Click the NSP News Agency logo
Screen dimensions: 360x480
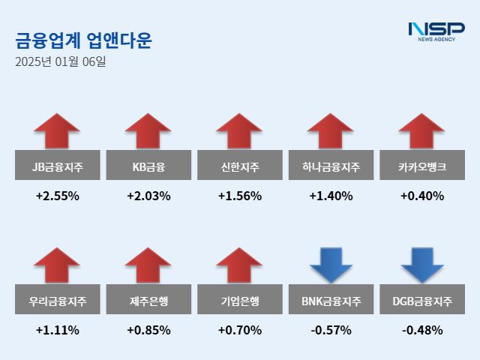[x=436, y=31]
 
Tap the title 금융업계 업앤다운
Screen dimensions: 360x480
[x=83, y=40]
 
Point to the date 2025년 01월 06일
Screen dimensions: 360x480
[x=61, y=61]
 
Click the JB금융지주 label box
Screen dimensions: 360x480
[x=57, y=166]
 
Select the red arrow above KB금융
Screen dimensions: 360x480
[x=148, y=132]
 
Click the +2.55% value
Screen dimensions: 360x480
[x=57, y=196]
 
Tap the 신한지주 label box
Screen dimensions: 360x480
[x=240, y=166]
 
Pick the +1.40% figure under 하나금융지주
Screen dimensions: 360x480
[x=331, y=196]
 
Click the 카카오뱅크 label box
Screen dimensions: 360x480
[x=422, y=166]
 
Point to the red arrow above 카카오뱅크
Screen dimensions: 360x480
[x=422, y=132]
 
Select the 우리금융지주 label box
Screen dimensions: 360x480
[x=57, y=302]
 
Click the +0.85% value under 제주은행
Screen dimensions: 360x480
[x=148, y=330]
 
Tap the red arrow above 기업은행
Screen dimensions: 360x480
[x=240, y=266]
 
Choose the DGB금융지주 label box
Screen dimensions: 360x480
[x=422, y=302]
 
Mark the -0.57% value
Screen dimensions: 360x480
[x=331, y=330]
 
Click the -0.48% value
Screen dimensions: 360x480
[x=422, y=330]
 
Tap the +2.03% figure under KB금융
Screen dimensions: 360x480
[x=148, y=196]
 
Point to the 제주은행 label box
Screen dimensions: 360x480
[x=148, y=302]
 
